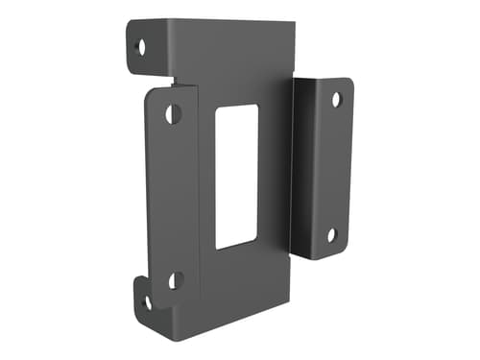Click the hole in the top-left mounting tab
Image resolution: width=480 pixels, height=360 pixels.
(x=142, y=45)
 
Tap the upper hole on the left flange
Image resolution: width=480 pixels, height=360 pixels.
(x=173, y=113)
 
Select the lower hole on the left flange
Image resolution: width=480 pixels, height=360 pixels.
(x=176, y=280)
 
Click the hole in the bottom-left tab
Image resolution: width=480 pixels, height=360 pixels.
(x=147, y=302)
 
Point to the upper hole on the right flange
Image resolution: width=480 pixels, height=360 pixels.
(x=336, y=99)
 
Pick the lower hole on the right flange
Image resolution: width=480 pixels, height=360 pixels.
(x=331, y=235)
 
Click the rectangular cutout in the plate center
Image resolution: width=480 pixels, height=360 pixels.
(x=236, y=177)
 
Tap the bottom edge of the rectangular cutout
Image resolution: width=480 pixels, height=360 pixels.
(x=235, y=248)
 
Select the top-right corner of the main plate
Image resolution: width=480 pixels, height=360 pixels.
(x=290, y=24)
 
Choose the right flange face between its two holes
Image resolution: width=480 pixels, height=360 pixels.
(x=333, y=168)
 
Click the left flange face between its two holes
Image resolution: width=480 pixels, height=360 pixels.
(x=173, y=197)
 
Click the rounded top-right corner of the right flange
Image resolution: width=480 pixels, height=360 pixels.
(x=348, y=83)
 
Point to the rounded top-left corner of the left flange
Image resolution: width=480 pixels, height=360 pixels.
(x=151, y=92)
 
